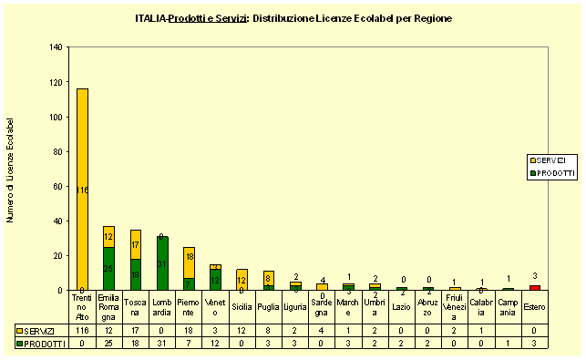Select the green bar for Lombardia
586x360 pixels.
pos(162,263)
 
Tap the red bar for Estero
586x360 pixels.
pos(535,288)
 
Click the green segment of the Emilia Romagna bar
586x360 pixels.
pos(109,269)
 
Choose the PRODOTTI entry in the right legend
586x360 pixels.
pos(550,172)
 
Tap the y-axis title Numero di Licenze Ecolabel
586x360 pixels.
pos(11,169)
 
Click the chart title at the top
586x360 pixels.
pos(293,18)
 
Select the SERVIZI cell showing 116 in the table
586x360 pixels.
pos(83,329)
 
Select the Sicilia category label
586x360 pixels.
pos(242,307)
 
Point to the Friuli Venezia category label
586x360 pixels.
pos(456,307)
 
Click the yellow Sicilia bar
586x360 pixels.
pos(242,279)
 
